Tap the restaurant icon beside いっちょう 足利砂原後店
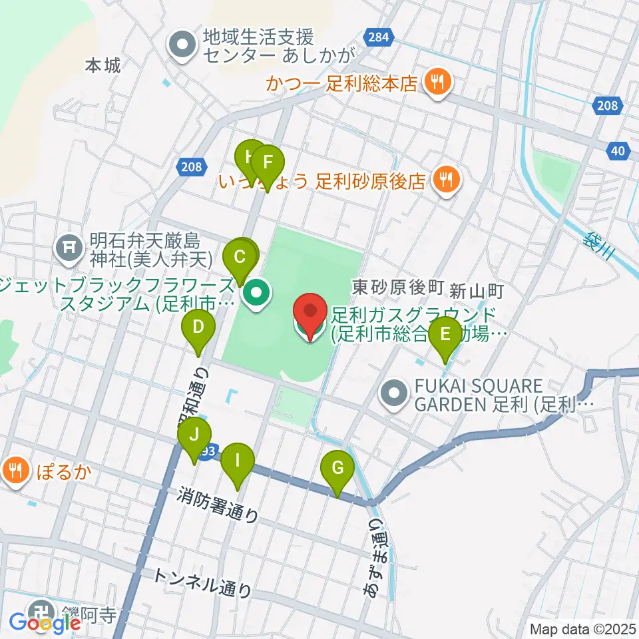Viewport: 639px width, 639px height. tap(445, 180)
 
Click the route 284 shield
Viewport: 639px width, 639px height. tap(377, 37)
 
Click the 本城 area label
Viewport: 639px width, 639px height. tap(103, 65)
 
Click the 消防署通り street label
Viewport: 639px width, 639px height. tap(218, 505)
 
